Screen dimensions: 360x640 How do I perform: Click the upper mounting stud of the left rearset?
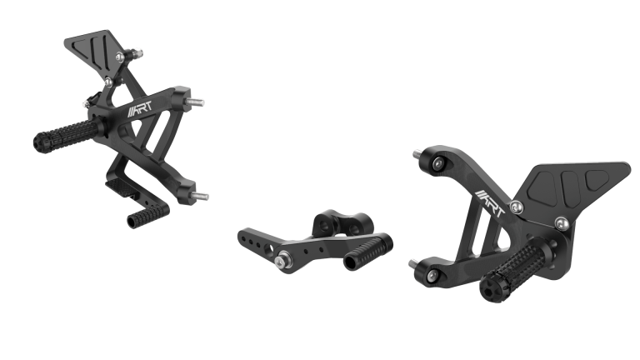(x=197, y=103)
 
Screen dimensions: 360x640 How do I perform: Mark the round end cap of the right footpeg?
(x=488, y=291)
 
